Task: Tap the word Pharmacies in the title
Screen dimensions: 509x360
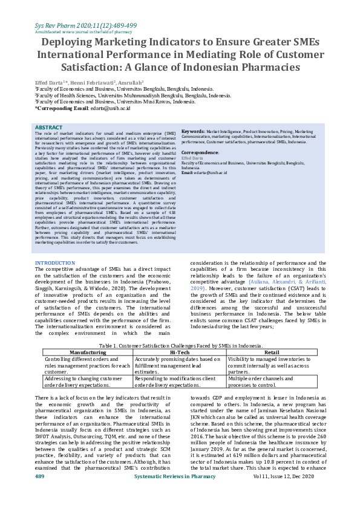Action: click(x=264, y=67)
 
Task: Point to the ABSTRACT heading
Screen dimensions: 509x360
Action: click(x=48, y=128)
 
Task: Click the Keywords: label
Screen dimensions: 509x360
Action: click(x=194, y=131)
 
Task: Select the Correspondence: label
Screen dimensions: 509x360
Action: click(x=200, y=153)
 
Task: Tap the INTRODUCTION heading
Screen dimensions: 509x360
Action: click(x=55, y=263)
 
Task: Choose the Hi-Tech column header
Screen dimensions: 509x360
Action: click(x=180, y=351)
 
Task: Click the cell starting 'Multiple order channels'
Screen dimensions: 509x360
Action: click(x=254, y=381)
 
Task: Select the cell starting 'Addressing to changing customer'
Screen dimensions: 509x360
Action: click(x=84, y=381)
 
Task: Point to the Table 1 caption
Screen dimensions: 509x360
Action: click(x=180, y=345)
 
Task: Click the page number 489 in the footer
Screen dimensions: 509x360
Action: click(x=40, y=494)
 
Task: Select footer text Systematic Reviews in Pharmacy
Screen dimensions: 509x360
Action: click(x=175, y=494)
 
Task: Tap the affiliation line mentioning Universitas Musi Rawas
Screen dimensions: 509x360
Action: click(x=116, y=102)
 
